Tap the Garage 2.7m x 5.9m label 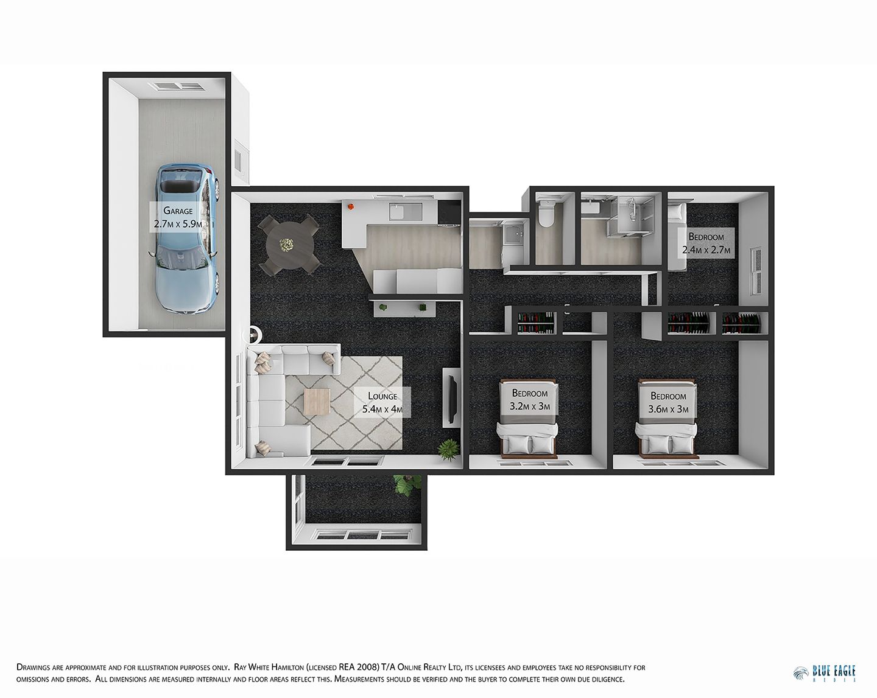pyautogui.click(x=178, y=217)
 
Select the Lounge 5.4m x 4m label pyautogui.click(x=382, y=402)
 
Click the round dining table pyautogui.click(x=290, y=245)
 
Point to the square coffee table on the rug pyautogui.click(x=317, y=402)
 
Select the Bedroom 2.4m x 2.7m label pyautogui.click(x=706, y=243)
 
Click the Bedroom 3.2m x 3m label pyautogui.click(x=530, y=399)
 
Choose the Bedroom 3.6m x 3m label pyautogui.click(x=668, y=402)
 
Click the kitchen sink pyautogui.click(x=406, y=212)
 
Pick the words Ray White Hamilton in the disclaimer pyautogui.click(x=269, y=668)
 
